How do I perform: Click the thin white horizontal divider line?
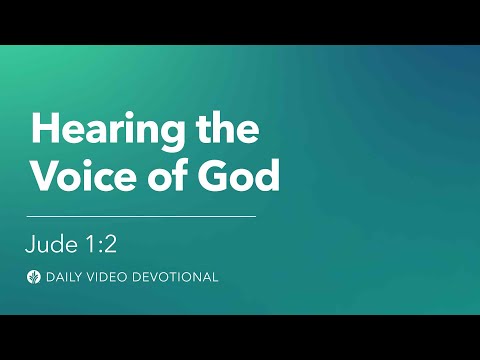pyautogui.click(x=141, y=215)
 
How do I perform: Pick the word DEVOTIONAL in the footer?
pyautogui.click(x=177, y=276)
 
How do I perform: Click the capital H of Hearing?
pyautogui.click(x=43, y=130)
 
